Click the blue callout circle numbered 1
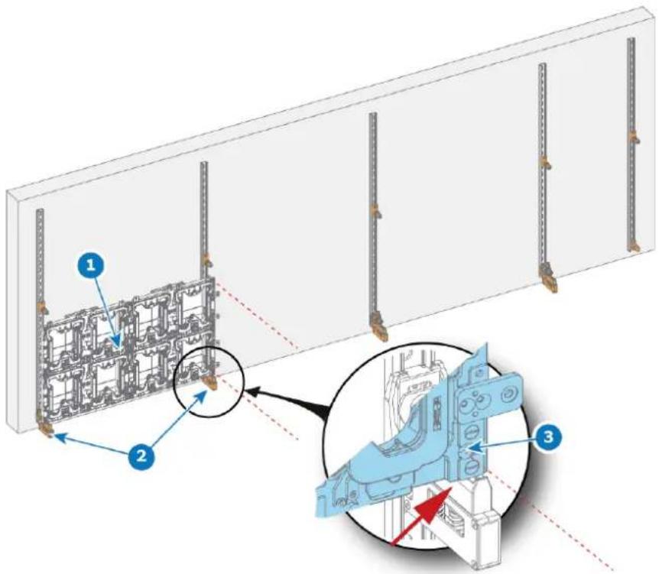(91, 264)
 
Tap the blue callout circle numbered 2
(142, 456)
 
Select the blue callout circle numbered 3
(548, 437)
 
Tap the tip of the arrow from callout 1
(118, 348)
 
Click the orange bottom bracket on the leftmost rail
(44, 430)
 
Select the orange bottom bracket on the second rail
(209, 383)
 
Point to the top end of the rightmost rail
(631, 39)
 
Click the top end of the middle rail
(372, 115)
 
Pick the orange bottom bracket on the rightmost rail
(633, 248)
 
